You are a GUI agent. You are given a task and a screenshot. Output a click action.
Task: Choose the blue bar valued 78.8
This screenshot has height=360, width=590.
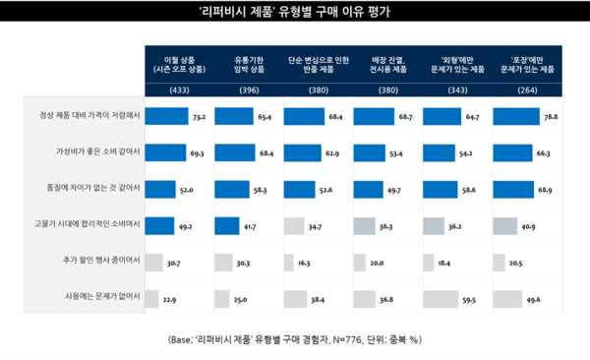point(518,116)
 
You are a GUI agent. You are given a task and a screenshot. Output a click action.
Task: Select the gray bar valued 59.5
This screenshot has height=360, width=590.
point(451,296)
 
